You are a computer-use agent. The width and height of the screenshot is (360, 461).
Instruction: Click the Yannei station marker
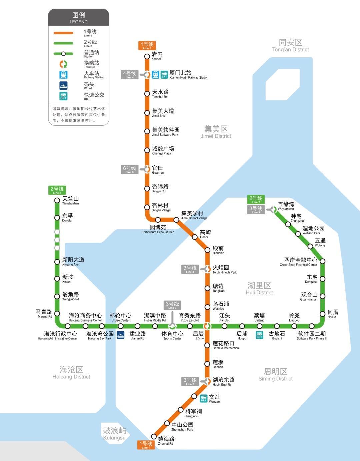pos(147,56)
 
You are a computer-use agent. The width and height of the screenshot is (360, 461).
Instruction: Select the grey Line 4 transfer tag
pos(129,75)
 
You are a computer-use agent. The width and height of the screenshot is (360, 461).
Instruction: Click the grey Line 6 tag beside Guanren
pos(129,169)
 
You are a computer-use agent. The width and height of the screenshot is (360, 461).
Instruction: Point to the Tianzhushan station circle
pos(57,200)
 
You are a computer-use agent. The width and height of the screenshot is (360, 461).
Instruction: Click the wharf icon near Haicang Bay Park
pos(120,335)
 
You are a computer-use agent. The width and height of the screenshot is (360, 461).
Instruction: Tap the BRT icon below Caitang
pos(259,335)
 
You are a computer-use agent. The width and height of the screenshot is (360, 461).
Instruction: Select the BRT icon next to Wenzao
pos(204,398)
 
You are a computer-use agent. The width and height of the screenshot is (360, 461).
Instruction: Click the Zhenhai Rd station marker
pos(154,436)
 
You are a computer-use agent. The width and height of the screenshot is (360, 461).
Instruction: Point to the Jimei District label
pos(216,132)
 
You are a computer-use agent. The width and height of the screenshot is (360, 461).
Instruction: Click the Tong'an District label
pos(290,45)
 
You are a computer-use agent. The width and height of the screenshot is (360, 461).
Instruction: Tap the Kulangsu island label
pos(114,433)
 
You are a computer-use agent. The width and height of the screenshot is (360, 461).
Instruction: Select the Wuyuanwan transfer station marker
pos(274,209)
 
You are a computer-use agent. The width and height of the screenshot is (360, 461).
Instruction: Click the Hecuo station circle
pos(322,314)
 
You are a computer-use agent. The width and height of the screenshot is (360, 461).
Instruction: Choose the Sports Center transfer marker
pos(172,326)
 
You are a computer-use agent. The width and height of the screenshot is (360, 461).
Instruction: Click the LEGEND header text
pos(79,18)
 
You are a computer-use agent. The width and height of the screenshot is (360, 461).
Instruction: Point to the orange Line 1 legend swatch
pos(63,33)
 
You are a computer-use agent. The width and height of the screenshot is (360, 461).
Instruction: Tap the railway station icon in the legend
pos(63,75)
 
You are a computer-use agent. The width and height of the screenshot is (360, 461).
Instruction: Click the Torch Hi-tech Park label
pos(224,269)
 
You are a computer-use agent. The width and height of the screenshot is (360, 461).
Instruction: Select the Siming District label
pos(276,374)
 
